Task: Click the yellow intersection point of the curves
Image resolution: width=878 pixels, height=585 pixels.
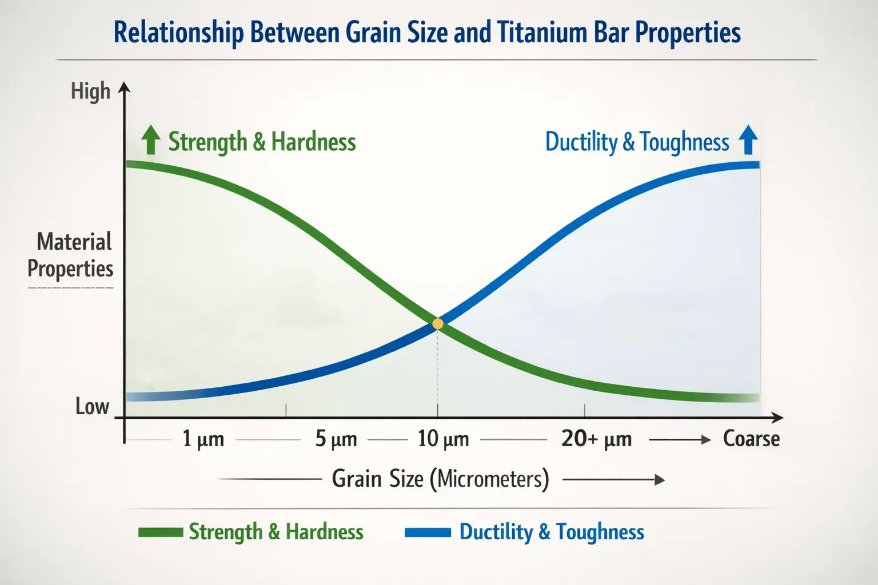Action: [x=438, y=324]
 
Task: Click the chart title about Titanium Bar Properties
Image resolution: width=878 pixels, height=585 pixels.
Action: [x=427, y=33]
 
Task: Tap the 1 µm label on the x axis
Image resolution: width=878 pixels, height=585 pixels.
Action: [x=203, y=439]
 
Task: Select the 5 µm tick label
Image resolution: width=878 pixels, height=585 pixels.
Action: [x=336, y=439]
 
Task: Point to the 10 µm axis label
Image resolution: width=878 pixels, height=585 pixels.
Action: [x=443, y=439]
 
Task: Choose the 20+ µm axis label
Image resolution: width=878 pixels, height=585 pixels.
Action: [x=596, y=439]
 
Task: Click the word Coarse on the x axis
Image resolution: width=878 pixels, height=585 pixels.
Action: [x=751, y=439]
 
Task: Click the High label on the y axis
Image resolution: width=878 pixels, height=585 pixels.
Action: [x=90, y=91]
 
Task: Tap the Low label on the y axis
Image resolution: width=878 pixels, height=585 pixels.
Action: [x=92, y=406]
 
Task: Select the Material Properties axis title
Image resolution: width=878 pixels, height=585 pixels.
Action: [x=71, y=255]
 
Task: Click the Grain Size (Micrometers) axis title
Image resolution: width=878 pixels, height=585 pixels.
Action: [x=440, y=479]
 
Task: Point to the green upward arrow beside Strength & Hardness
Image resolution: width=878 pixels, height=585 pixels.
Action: [x=150, y=141]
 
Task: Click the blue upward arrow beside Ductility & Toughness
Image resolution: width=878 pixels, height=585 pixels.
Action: [x=748, y=141]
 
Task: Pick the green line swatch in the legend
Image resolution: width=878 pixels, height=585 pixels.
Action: [x=160, y=532]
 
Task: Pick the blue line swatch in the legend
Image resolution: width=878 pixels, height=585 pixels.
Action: [x=428, y=532]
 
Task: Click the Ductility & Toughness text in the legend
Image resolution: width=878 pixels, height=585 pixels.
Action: [x=552, y=532]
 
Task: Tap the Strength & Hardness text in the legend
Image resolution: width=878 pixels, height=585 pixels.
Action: [x=276, y=532]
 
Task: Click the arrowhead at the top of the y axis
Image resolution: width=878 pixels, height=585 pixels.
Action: [x=124, y=87]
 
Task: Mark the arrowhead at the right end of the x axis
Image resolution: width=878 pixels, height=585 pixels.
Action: [x=777, y=418]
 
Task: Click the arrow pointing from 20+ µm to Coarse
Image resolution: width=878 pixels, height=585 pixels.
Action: [x=680, y=439]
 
